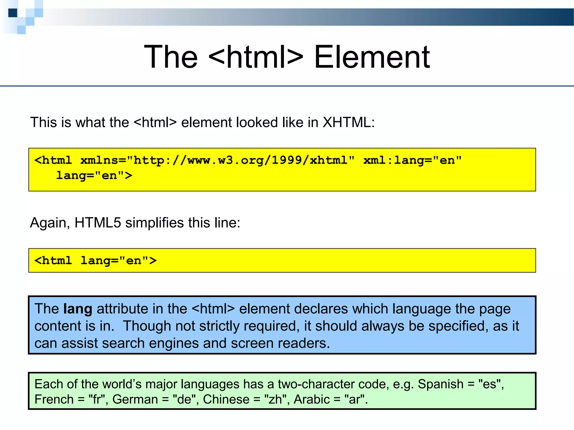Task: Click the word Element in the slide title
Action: click(372, 57)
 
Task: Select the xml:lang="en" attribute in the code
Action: click(412, 160)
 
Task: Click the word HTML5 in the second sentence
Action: click(98, 223)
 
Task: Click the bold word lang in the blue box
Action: click(78, 309)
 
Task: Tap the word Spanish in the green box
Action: click(440, 384)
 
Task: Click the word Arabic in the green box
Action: click(311, 399)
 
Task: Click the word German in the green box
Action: click(135, 399)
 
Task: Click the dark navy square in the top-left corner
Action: click(13, 13)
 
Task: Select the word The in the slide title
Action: click(171, 57)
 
